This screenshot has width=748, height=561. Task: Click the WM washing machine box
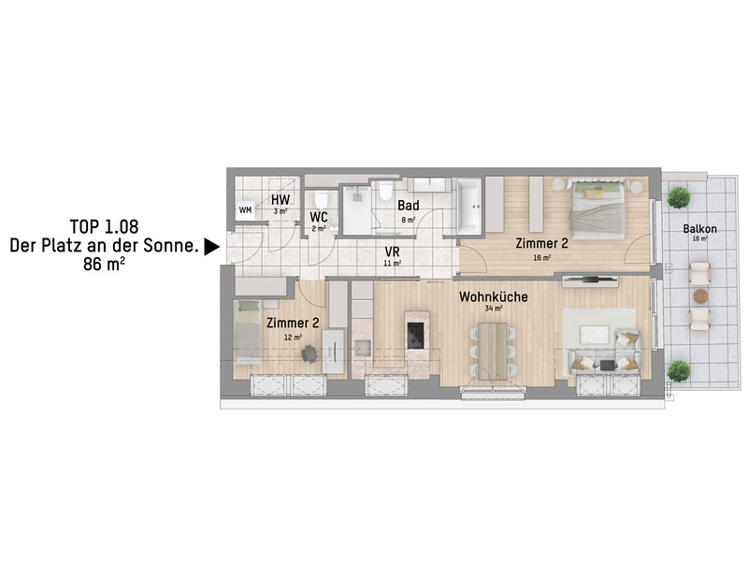click(245, 209)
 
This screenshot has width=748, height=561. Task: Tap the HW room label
click(280, 199)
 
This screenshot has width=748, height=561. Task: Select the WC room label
click(319, 217)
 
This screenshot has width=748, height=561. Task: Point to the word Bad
click(409, 206)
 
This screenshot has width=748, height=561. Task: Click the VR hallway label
click(392, 252)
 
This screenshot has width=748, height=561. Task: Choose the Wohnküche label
click(494, 296)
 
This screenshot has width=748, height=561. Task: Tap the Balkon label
click(699, 229)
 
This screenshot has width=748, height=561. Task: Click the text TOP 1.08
click(104, 226)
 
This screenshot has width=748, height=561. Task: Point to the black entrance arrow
click(212, 247)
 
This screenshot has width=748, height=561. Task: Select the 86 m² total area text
click(104, 264)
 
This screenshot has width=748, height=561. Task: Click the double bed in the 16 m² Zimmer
click(597, 209)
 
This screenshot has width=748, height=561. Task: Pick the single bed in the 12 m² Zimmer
click(247, 333)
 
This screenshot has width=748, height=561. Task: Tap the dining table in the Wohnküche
click(493, 352)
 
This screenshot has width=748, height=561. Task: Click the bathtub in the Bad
click(470, 207)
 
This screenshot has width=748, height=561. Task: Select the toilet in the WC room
click(321, 200)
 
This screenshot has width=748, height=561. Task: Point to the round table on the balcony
click(700, 296)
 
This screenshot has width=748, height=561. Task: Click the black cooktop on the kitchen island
click(415, 329)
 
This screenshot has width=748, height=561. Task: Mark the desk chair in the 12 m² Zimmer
click(309, 353)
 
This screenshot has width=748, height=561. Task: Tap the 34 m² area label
click(494, 309)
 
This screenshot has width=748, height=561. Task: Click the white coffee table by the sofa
click(594, 335)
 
